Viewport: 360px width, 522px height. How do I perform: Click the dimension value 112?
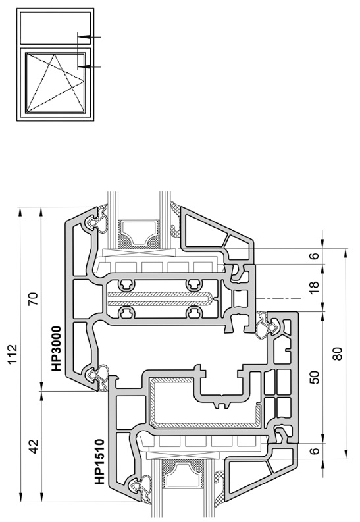point(13,354)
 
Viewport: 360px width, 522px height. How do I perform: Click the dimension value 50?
point(314,377)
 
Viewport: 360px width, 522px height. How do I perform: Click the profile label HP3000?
point(56,348)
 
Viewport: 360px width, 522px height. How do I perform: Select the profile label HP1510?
point(99,461)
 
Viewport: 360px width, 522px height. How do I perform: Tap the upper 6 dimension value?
point(314,256)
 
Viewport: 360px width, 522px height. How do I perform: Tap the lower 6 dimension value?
point(314,451)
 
